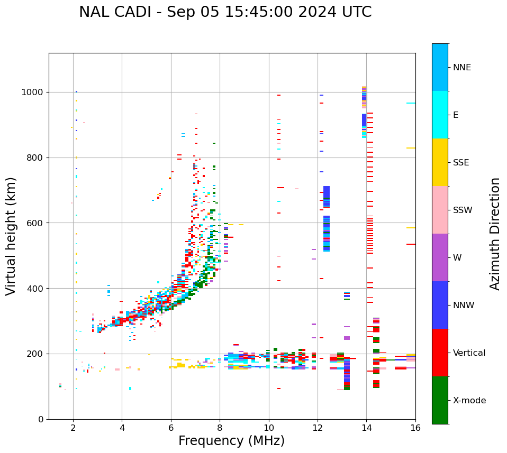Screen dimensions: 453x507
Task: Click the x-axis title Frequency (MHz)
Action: [231, 441]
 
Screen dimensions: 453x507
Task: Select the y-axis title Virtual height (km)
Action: [11, 236]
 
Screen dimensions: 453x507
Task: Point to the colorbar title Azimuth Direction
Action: [495, 233]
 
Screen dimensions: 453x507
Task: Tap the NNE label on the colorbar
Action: [461, 68]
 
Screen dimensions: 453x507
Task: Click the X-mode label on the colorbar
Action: [469, 401]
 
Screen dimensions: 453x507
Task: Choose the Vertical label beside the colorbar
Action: [469, 353]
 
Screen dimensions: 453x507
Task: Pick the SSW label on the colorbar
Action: [463, 210]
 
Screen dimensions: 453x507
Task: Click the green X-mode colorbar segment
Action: [440, 400]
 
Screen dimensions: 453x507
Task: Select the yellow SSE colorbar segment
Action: [440, 162]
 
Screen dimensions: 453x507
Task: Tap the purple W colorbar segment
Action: [440, 257]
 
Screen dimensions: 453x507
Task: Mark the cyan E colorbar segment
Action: [440, 115]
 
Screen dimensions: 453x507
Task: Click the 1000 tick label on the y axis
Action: [33, 93]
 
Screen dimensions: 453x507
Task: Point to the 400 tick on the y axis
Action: [35, 289]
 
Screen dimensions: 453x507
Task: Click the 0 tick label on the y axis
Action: [41, 419]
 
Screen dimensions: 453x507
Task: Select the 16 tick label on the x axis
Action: [415, 428]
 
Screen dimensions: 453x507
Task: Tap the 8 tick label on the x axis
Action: [220, 428]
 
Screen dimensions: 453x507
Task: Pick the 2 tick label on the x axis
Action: [73, 428]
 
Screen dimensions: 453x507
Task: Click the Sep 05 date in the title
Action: [186, 12]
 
